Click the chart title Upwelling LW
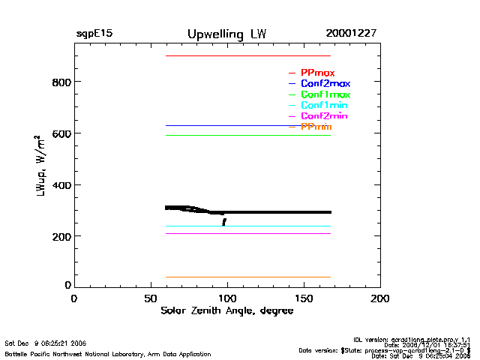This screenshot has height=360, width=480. (226, 34)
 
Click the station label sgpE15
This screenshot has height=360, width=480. (94, 34)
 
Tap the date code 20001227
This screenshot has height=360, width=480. (351, 34)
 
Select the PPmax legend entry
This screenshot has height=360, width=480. (317, 73)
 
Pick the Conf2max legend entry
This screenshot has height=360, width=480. (325, 84)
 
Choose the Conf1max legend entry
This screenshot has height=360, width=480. (325, 95)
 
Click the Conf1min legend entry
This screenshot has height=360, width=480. (324, 106)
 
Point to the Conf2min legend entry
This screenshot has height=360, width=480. (324, 117)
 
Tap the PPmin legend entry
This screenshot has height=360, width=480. (316, 127)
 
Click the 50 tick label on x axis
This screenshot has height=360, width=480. (150, 298)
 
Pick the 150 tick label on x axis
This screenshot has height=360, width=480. (304, 298)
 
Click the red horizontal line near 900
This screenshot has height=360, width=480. (247, 55)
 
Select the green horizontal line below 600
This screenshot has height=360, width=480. (247, 135)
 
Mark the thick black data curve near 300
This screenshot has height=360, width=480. (277, 212)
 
